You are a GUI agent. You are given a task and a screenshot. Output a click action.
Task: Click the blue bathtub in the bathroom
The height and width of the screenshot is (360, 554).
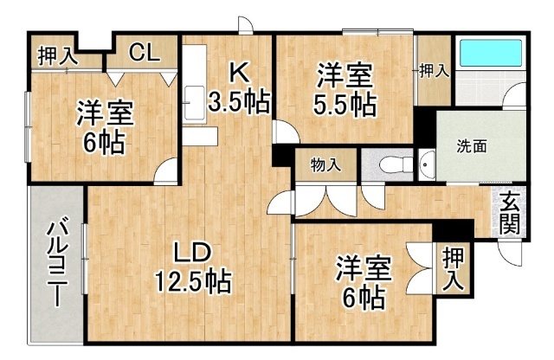pos(491,53)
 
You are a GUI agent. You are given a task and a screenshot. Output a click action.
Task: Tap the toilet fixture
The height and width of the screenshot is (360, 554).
pos(396,164)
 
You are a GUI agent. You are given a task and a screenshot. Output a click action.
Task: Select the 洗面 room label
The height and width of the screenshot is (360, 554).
pos(471,146)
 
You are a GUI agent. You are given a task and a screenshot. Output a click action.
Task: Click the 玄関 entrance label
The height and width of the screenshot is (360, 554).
pos(509,213)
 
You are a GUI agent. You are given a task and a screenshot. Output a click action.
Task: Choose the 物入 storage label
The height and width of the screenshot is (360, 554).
pos(326,165)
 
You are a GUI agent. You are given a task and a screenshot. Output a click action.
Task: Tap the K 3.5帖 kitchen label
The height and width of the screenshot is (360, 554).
pos(239,87)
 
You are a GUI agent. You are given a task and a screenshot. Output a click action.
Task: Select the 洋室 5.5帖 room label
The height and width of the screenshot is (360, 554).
pos(345,90)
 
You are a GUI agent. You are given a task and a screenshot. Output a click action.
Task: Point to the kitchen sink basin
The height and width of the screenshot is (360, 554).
pos(195,102)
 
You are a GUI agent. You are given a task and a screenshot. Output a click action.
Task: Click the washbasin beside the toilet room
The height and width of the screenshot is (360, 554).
pos(427,165)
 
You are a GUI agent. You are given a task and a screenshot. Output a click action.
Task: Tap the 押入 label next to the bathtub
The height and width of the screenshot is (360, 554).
pos(435,71)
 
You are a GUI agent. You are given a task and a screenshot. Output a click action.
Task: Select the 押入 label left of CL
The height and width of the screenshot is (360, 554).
pos(58,56)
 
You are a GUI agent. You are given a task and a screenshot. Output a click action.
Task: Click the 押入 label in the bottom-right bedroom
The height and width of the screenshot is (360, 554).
pos(453,268)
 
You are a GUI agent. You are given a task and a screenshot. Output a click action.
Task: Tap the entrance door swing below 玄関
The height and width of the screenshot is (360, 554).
pos(509,252)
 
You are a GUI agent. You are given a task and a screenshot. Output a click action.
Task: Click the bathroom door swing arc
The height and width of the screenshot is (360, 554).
pos(514,94)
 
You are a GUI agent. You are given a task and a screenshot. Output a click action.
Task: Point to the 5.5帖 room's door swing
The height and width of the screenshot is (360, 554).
pos(286,132)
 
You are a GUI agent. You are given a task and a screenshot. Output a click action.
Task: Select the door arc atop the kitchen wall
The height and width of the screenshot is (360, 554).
pos(246,25)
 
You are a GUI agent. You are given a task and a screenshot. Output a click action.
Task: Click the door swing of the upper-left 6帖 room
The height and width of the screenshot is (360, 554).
pos(165,170)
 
